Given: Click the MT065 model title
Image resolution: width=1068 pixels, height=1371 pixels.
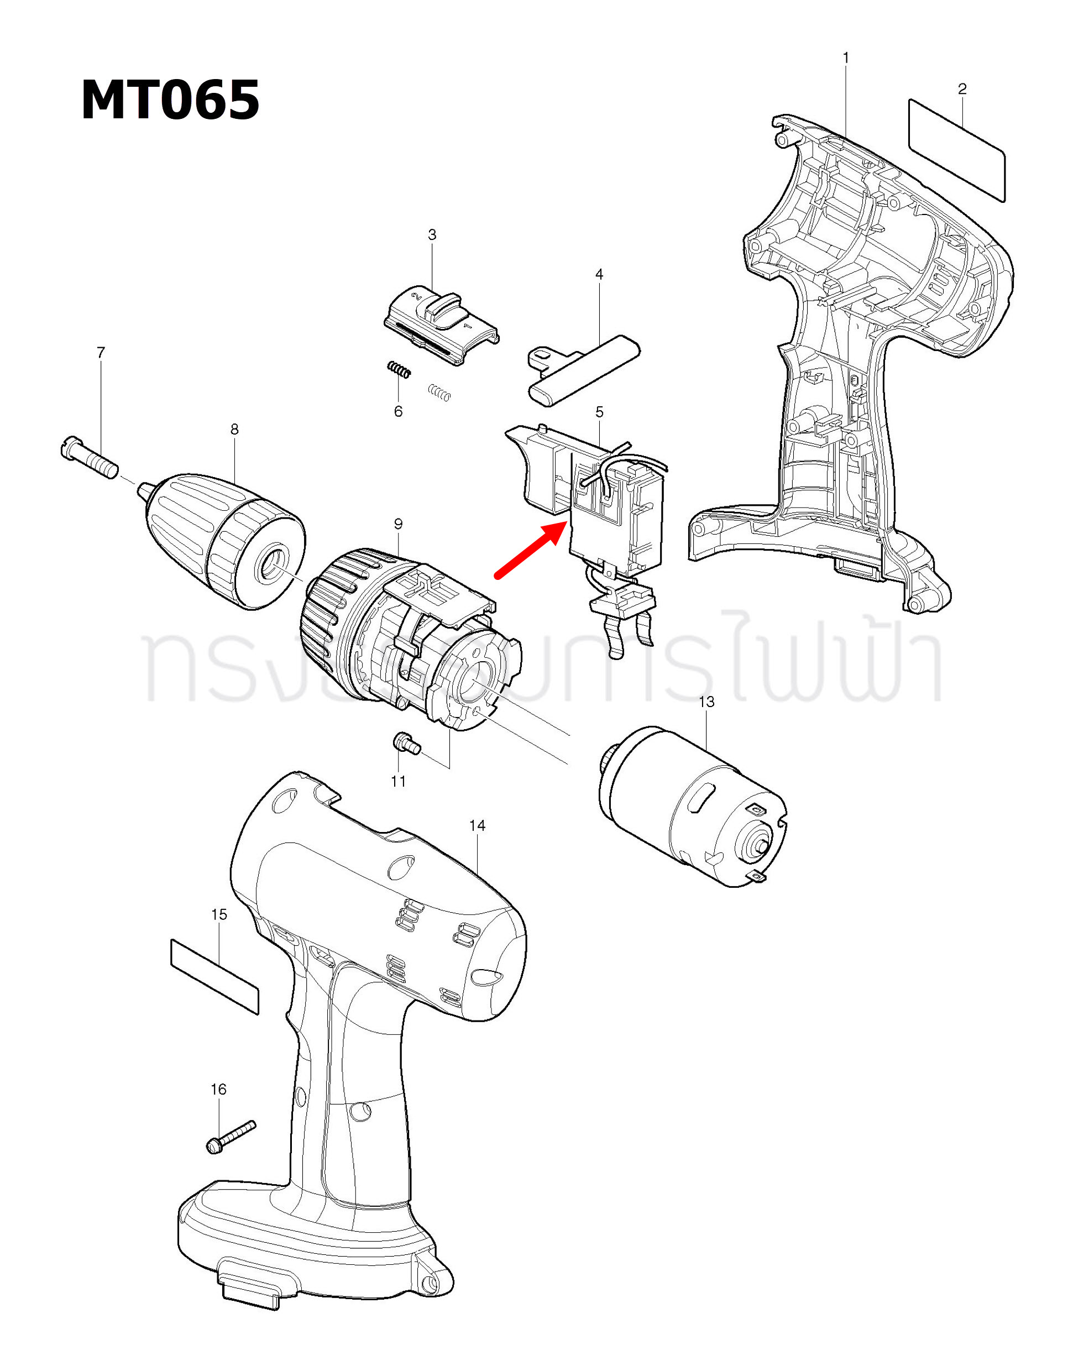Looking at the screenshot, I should [170, 101].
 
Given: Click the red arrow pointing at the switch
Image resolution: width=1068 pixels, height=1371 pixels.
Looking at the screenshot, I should [530, 551].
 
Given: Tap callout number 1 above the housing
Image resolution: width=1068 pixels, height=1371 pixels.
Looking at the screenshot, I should [846, 57].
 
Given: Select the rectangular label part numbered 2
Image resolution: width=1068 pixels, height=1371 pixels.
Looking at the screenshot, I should [956, 149].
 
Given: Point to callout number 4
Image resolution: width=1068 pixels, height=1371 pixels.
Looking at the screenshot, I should [599, 274].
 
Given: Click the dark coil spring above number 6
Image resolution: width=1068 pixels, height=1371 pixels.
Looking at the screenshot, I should [399, 370].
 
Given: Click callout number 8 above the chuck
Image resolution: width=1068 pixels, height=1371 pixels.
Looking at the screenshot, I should [234, 430].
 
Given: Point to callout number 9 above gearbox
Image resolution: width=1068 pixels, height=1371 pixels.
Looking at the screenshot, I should [398, 524].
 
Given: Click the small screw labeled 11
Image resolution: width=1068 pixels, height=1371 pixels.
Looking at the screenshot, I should [406, 744].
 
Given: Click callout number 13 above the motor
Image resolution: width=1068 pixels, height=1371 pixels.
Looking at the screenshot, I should [706, 702].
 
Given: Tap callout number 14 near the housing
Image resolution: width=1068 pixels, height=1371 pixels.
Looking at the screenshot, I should [477, 825].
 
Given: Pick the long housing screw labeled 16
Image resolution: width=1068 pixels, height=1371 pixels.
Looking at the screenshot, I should [231, 1136].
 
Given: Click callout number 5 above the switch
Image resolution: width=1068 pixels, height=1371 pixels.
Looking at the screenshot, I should [599, 412].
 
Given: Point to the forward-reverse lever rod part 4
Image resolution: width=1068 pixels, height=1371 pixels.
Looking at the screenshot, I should [584, 370].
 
